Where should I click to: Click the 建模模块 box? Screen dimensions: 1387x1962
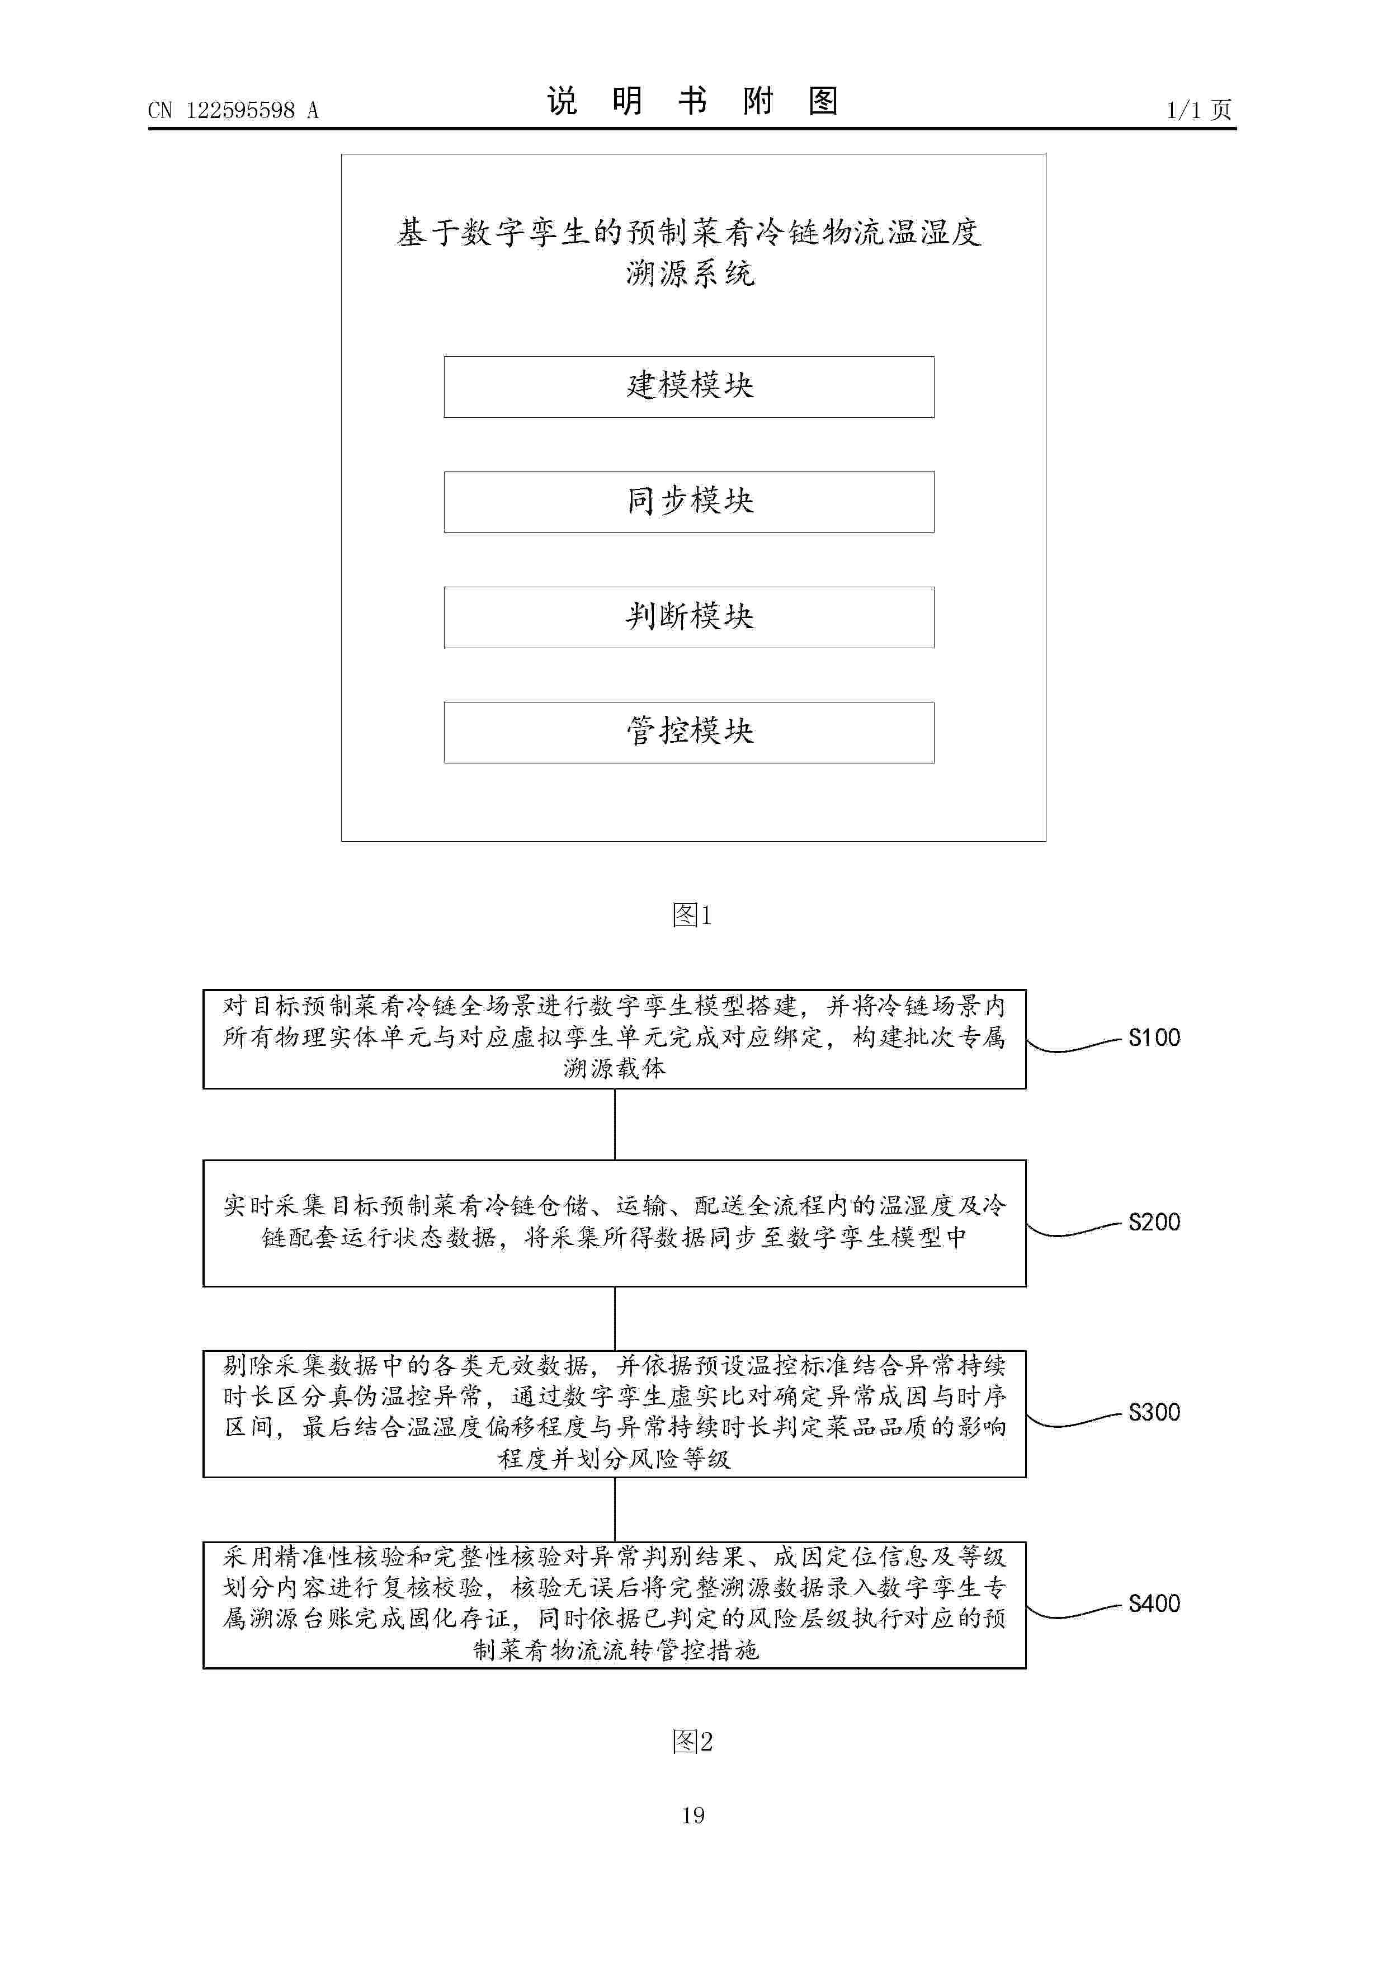coord(689,387)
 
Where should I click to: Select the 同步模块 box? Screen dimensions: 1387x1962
coord(689,502)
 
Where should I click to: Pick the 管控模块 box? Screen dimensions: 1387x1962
coord(689,732)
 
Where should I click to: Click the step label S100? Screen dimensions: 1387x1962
coord(1154,1038)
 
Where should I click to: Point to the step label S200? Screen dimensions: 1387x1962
coord(1154,1223)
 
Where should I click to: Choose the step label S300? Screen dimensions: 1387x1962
coord(1154,1413)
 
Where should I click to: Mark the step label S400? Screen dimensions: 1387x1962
coord(1154,1604)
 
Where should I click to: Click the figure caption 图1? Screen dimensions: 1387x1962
coord(692,916)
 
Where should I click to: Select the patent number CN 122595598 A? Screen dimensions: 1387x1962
coord(233,110)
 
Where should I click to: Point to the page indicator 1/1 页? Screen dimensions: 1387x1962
coord(1199,110)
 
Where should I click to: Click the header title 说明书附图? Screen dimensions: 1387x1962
coord(692,102)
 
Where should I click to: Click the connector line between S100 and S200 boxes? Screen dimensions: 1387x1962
coord(615,1125)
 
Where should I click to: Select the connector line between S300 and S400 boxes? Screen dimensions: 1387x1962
coord(615,1510)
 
